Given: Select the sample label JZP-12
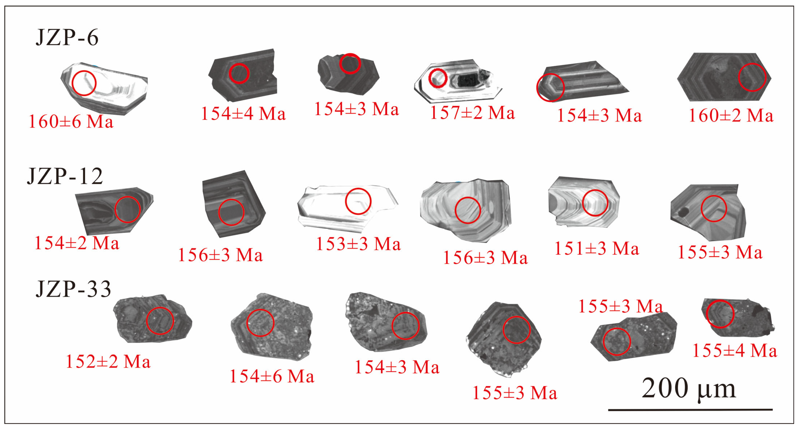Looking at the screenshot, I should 65,176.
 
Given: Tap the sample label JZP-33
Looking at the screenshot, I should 73,289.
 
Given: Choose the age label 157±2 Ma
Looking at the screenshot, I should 472,113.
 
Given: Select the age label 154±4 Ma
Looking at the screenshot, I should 243,114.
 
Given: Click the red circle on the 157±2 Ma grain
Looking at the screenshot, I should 438,78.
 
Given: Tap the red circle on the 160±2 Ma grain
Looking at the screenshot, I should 752,77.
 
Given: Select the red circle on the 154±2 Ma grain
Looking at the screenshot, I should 127,209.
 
